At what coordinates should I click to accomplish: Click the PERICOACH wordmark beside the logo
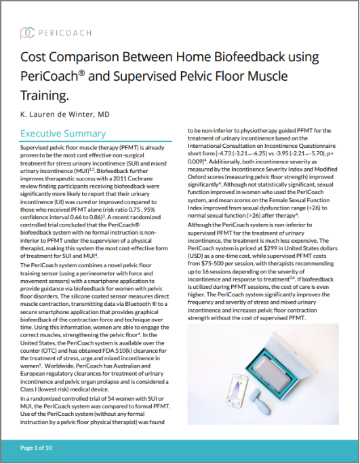[63, 31]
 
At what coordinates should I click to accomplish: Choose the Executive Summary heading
[63, 134]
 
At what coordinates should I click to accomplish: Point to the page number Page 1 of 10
[41, 448]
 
